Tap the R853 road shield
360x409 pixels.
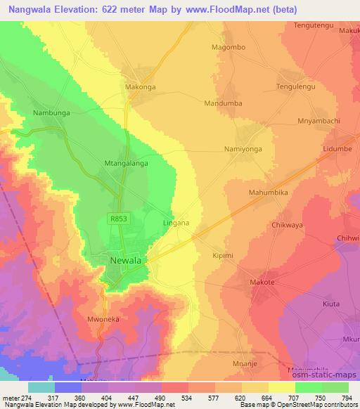(x=119, y=219)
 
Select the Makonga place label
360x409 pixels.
(x=140, y=89)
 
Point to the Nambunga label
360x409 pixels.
(x=51, y=112)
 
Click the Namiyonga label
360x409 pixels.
(x=243, y=149)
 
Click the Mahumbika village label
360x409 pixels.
(x=269, y=191)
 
